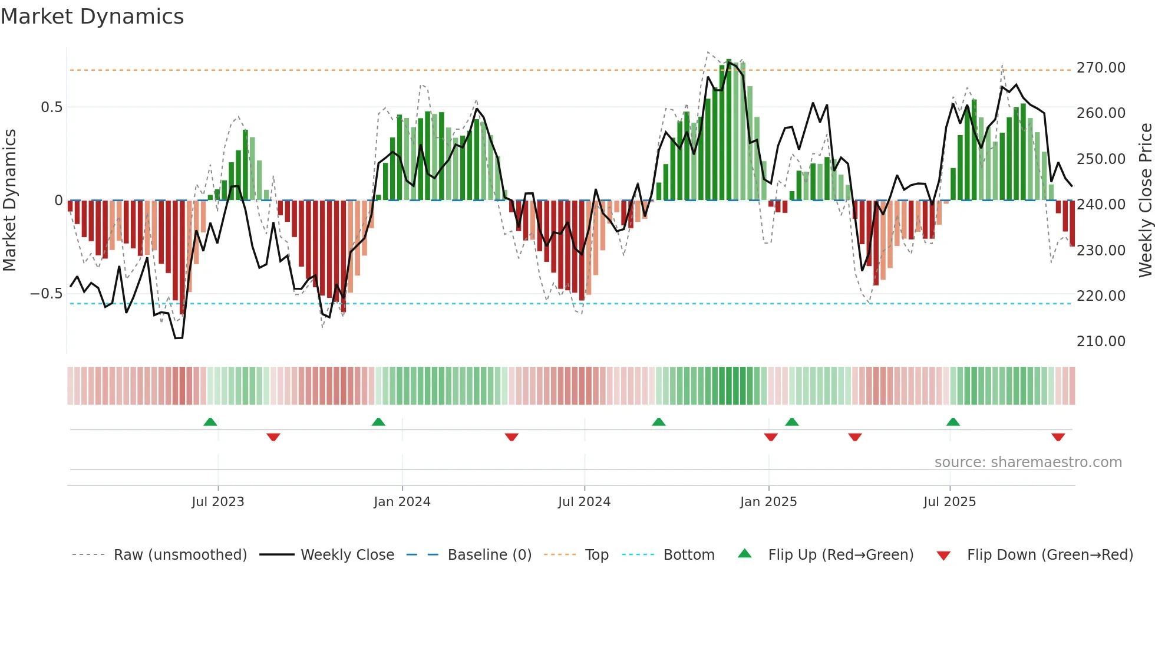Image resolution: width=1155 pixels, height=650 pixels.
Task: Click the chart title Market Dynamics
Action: click(x=93, y=17)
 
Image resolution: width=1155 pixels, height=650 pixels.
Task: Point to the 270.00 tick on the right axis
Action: click(x=1101, y=68)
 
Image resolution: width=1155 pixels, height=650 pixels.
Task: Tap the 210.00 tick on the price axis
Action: click(x=1101, y=342)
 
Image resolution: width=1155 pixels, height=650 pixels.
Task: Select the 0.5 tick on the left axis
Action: click(x=51, y=107)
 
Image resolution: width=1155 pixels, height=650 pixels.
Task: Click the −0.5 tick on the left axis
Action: click(x=47, y=294)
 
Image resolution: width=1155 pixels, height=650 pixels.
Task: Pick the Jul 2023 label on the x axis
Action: click(x=217, y=502)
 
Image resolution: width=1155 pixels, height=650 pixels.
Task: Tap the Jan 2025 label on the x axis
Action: click(x=768, y=502)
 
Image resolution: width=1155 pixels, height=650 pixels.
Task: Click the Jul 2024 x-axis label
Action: click(x=584, y=502)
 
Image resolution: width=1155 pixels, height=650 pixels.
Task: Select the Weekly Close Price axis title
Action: click(x=1145, y=201)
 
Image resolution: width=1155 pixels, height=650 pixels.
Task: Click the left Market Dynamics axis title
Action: click(x=9, y=201)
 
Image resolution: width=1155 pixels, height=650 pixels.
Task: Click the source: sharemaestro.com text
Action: click(x=1028, y=462)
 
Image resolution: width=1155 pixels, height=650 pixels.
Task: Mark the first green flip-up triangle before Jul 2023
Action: click(x=210, y=422)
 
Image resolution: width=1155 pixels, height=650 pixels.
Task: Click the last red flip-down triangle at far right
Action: click(x=1058, y=437)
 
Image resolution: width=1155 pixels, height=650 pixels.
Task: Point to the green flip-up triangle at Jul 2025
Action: click(x=953, y=422)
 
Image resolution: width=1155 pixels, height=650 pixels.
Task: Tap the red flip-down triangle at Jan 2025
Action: click(x=771, y=437)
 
